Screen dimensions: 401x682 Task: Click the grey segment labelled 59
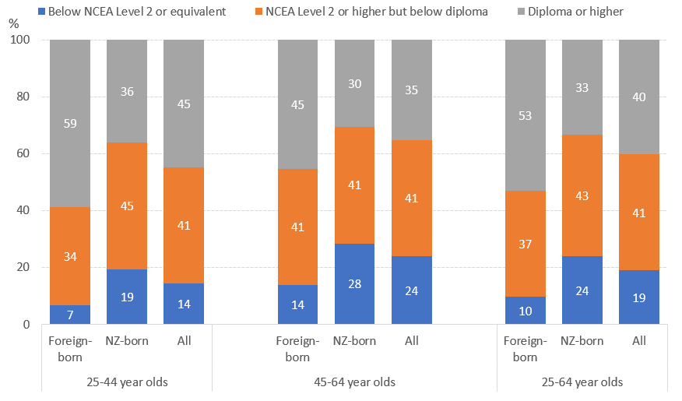pyautogui.click(x=69, y=123)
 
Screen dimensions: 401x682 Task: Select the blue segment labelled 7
pyautogui.click(x=69, y=314)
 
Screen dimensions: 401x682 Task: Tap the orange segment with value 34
pyautogui.click(x=69, y=256)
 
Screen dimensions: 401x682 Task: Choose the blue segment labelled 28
pyautogui.click(x=354, y=283)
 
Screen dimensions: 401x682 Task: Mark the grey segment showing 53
pyautogui.click(x=526, y=115)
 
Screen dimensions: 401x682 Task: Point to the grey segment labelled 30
pyautogui.click(x=354, y=83)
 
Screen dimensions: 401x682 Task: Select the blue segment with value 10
pyautogui.click(x=526, y=310)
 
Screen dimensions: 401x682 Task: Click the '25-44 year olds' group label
pyautogui.click(x=126, y=382)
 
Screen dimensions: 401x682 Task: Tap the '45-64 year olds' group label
pyautogui.click(x=354, y=382)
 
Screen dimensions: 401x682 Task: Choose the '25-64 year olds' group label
pyautogui.click(x=582, y=382)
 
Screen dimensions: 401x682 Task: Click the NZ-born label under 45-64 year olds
pyautogui.click(x=354, y=341)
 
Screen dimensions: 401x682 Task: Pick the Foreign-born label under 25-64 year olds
pyautogui.click(x=526, y=349)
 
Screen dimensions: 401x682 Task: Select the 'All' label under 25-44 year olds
pyautogui.click(x=183, y=341)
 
